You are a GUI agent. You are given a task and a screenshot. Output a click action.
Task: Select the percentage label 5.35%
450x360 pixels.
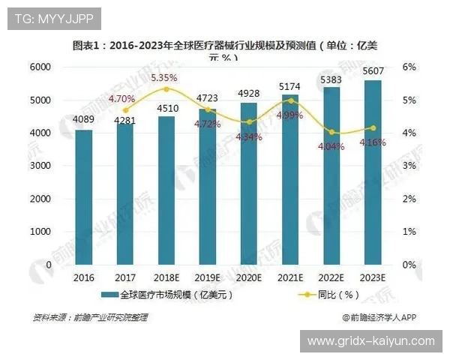click(163, 77)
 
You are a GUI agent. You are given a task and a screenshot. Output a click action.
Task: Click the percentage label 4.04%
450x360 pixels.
click(331, 147)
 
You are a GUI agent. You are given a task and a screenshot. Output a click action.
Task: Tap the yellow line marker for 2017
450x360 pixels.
click(125, 109)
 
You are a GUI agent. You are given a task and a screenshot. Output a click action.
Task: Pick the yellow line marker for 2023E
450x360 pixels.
click(372, 127)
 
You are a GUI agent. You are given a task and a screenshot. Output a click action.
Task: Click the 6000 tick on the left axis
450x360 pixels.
click(40, 67)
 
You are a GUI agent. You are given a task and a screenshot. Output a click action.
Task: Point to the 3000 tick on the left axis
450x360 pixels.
click(40, 166)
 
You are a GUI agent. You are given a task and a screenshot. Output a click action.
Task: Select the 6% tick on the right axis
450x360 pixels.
click(409, 67)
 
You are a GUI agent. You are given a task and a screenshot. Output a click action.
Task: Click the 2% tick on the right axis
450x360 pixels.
click(409, 199)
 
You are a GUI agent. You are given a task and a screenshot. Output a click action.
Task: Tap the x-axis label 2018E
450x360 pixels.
click(166, 277)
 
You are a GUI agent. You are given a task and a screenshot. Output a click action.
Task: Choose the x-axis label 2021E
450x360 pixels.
click(289, 277)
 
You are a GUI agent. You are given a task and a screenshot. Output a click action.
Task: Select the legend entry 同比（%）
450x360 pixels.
click(323, 295)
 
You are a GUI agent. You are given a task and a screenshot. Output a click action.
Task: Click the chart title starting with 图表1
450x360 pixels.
click(225, 46)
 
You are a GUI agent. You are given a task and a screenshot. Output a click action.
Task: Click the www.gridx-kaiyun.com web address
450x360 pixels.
click(370, 341)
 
